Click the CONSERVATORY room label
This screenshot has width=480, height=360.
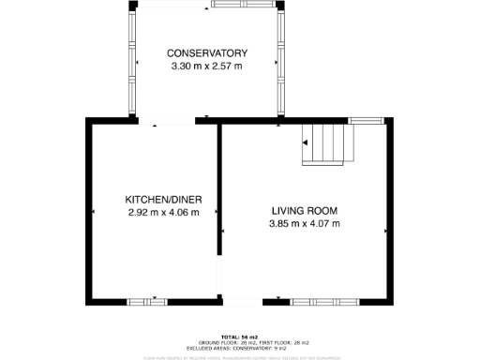point(206,52)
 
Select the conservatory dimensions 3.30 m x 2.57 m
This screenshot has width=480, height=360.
point(206,67)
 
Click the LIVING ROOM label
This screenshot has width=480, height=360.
point(304,210)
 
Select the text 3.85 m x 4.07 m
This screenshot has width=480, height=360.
point(304,223)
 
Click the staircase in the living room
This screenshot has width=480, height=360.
point(328,144)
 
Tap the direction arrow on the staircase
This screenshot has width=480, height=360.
point(305,142)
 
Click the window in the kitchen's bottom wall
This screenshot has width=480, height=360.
point(147,301)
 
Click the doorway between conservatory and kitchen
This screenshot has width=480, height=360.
point(167,121)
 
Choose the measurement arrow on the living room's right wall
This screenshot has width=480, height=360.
point(384,228)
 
